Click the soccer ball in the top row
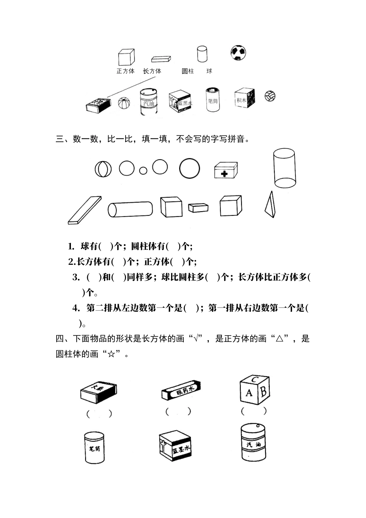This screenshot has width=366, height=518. click(x=238, y=52)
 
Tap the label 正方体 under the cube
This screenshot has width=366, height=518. click(x=125, y=71)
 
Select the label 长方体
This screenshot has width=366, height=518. click(x=152, y=71)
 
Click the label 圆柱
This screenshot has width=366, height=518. click(x=188, y=71)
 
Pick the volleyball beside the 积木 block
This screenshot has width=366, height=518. click(x=270, y=96)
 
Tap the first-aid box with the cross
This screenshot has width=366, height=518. click(x=225, y=170)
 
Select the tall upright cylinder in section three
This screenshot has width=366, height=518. click(x=284, y=168)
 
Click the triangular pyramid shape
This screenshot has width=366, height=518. click(x=270, y=205)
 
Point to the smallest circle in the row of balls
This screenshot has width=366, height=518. click(x=143, y=170)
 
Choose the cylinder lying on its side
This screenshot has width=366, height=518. click(x=130, y=209)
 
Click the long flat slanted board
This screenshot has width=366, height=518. click(x=85, y=210)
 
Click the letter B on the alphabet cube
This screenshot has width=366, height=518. click(x=264, y=392)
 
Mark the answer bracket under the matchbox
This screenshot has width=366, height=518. click(x=99, y=414)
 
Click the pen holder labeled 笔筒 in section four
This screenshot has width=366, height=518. click(x=94, y=447)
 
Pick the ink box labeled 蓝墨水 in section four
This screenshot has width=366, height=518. click(x=175, y=447)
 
